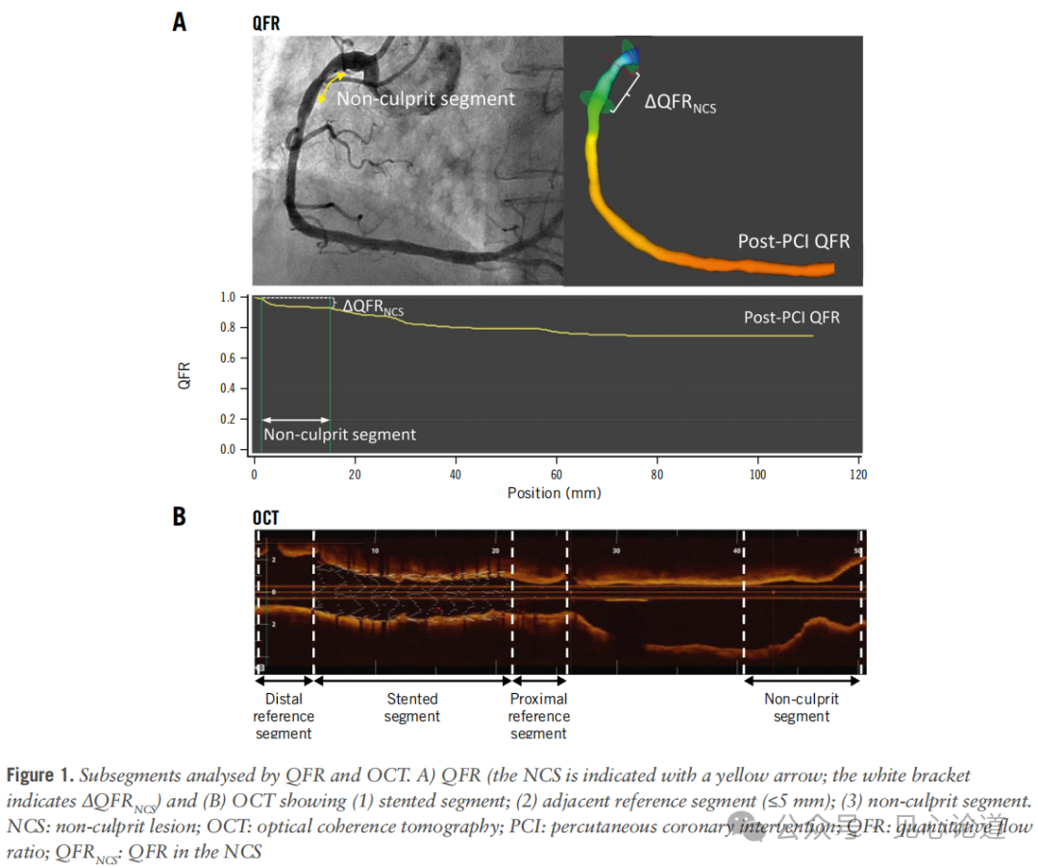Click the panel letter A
180,22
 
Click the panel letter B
180,516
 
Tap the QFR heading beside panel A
266,23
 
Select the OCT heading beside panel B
266,518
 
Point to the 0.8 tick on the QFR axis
229,328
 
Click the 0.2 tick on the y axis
229,419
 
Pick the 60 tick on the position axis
556,475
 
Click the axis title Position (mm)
555,492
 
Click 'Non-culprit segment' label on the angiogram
426,98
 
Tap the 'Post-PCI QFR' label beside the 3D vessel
794,241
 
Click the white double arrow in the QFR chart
296,419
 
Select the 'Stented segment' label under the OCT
412,707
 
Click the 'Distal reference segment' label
284,716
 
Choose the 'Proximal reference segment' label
538,716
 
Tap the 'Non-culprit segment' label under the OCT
802,707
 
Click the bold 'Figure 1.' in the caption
40,776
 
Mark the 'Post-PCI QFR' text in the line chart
791,317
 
